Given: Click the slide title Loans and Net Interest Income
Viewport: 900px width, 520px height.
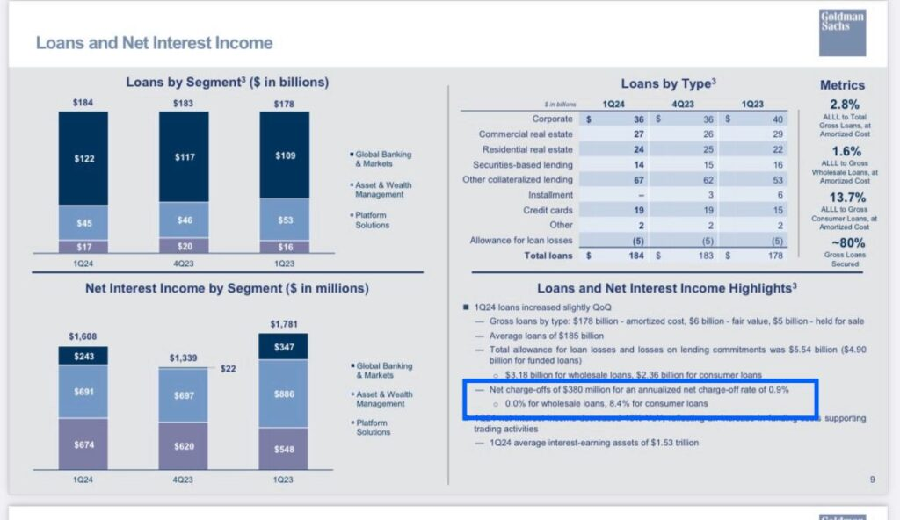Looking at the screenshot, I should tap(154, 42).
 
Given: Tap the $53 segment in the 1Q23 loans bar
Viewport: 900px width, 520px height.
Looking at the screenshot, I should tap(284, 220).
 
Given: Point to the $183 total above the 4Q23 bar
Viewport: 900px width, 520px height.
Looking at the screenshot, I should tap(184, 103).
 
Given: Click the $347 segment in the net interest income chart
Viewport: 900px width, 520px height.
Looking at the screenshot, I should tap(284, 348).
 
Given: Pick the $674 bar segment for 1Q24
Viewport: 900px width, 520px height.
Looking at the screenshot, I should tap(83, 445).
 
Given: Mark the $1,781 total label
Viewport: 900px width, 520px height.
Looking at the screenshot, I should tap(284, 325).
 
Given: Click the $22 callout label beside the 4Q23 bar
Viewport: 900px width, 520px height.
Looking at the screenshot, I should tap(229, 368).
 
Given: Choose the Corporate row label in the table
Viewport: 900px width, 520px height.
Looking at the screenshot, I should tap(552, 119).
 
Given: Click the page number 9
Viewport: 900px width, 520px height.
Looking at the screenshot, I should tap(872, 480).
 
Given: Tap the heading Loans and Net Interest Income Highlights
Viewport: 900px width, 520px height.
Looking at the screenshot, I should tap(666, 288).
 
